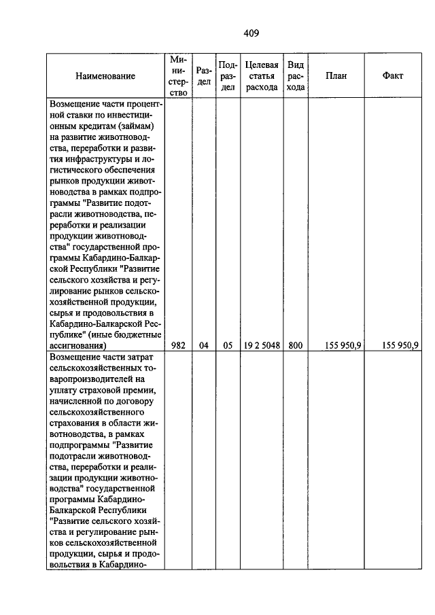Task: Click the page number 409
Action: click(x=251, y=33)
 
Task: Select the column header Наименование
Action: click(x=105, y=76)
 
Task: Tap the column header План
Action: click(x=336, y=76)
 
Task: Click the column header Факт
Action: click(x=393, y=76)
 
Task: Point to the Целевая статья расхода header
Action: click(x=262, y=76)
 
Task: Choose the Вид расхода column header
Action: click(x=295, y=76)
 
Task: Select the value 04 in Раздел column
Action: click(x=203, y=345)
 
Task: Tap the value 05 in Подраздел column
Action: click(x=228, y=345)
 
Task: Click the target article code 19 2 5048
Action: click(x=262, y=345)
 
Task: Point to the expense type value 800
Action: click(x=295, y=345)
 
